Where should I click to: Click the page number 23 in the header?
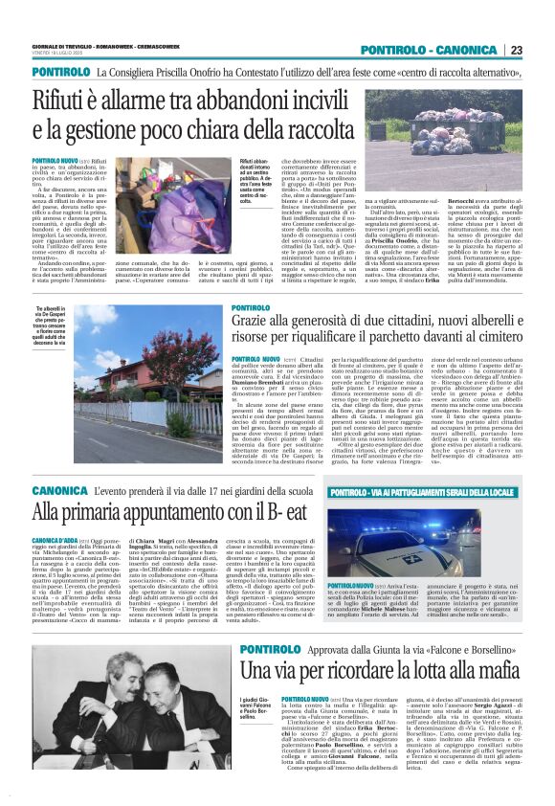[x=516, y=50]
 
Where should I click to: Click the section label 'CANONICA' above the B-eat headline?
[x=58, y=491]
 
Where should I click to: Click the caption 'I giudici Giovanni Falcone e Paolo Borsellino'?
[x=257, y=711]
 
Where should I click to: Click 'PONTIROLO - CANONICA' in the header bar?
[x=432, y=50]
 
